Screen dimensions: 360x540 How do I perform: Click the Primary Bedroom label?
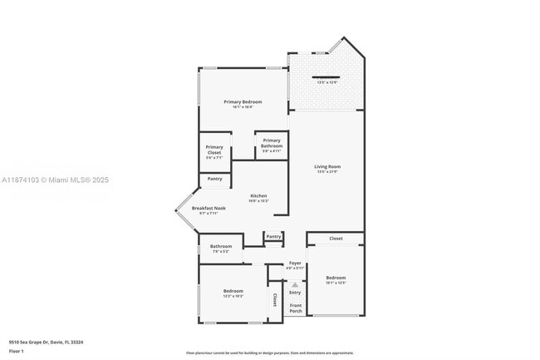tap(243, 101)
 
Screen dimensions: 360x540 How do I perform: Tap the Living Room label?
tap(327, 167)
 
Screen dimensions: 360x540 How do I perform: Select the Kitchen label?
tap(258, 196)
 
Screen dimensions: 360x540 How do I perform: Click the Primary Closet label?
tap(214, 150)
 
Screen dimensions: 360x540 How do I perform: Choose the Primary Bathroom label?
tap(272, 143)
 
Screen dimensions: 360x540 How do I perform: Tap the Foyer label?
tap(295, 264)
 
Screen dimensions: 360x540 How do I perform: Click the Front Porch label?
tap(295, 308)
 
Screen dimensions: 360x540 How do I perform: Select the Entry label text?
tap(295, 292)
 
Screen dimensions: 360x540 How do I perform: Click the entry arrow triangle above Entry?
tap(295, 283)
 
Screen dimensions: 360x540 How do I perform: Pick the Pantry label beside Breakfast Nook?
tap(214, 179)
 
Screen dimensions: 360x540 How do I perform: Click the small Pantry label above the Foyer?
tap(273, 237)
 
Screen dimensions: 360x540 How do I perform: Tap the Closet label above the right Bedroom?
tap(336, 239)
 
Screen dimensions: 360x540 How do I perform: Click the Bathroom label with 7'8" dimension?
tap(220, 246)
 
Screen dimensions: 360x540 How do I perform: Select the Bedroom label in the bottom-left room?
tap(233, 291)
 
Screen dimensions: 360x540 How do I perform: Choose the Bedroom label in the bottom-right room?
tap(336, 278)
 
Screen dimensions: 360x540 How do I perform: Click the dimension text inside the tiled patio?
tap(326, 82)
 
